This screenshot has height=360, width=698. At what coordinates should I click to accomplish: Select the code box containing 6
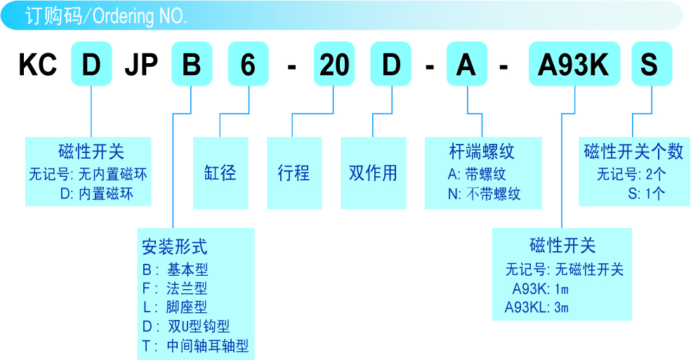click(x=249, y=65)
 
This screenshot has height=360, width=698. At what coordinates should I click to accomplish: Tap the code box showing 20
click(x=334, y=65)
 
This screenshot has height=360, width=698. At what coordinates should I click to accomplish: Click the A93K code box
click(x=573, y=65)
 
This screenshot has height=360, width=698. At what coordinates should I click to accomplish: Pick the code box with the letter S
click(x=651, y=65)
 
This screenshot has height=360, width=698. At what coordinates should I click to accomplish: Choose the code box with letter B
click(x=192, y=65)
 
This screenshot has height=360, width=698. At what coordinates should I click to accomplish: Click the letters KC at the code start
click(x=37, y=65)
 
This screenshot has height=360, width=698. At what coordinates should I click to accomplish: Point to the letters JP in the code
click(x=140, y=65)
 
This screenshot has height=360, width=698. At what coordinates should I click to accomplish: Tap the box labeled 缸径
click(x=220, y=173)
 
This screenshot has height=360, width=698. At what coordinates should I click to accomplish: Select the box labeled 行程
click(x=294, y=173)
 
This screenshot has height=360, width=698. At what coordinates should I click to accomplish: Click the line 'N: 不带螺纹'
click(x=485, y=194)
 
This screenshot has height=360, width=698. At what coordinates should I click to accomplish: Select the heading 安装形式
click(x=175, y=247)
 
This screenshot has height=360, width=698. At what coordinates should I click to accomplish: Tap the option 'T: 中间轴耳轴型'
click(x=195, y=346)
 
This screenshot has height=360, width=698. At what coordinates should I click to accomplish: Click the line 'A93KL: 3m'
click(x=536, y=307)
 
